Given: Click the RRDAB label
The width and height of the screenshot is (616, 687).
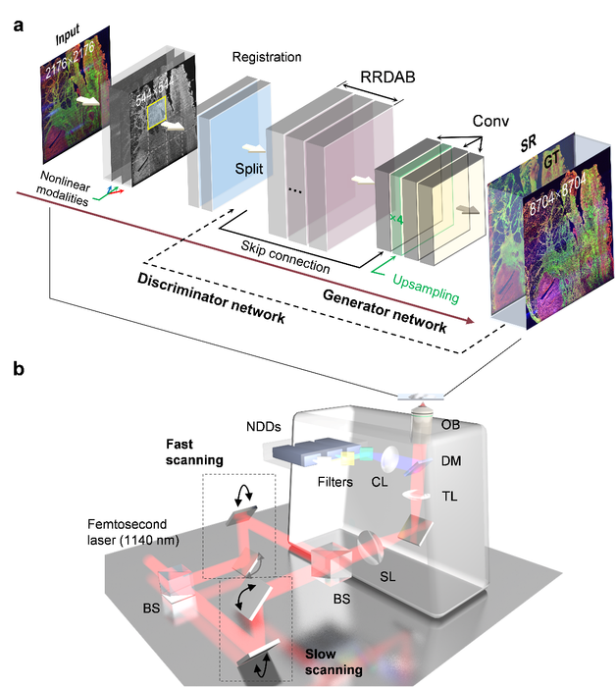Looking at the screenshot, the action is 387,77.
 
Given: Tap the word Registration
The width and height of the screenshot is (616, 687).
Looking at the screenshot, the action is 267,57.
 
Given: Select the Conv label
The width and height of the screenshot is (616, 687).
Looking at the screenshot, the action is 490,121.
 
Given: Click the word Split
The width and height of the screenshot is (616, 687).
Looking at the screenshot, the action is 249,169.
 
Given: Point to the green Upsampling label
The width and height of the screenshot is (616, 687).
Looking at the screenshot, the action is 426,289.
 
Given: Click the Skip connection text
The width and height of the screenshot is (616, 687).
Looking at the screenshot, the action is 285,257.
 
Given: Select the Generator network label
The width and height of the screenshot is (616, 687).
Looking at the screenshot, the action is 385,311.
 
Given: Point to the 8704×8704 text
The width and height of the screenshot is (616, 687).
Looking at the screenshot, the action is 557,194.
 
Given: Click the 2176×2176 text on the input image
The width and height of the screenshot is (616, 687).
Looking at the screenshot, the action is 70,61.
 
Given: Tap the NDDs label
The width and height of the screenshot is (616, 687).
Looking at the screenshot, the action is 264,426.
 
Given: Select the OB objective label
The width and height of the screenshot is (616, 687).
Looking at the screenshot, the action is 450,424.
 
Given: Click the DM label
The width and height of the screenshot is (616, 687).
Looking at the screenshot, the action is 451,460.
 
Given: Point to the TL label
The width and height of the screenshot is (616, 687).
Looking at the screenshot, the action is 449,496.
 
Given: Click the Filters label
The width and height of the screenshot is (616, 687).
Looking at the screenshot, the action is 334,482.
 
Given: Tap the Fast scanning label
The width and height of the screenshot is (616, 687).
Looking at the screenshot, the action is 194,452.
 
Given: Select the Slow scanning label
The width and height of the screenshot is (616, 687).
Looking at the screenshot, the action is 334,661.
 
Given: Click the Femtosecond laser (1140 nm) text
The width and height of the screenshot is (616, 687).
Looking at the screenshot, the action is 133,532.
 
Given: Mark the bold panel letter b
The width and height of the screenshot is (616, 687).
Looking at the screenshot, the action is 19,368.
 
